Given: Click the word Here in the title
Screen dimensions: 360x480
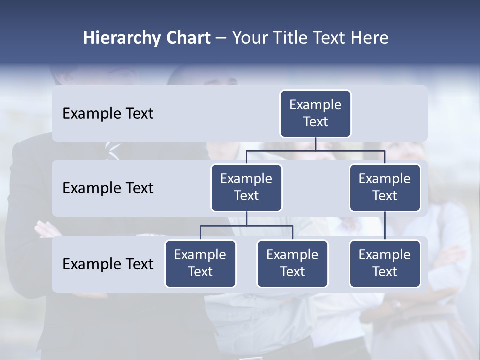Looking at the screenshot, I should point(370,38).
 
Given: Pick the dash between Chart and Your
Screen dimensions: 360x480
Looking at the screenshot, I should point(221,38).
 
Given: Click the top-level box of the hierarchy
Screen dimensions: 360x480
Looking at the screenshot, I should point(315,114).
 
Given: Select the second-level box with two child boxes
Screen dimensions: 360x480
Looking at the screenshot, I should point(246,188).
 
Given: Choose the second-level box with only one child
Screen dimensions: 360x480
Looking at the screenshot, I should point(385,188).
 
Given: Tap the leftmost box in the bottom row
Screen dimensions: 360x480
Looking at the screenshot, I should point(200,264).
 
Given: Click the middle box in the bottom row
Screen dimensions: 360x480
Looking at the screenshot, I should point(292,264).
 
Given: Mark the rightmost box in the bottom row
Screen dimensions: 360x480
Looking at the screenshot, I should point(385,264).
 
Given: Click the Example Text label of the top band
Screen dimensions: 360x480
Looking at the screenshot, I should point(108,114).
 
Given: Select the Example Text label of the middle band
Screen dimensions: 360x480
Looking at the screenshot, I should point(108,188).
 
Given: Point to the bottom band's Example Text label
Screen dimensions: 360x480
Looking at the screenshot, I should point(108,264).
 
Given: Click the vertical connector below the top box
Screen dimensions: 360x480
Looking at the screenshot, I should point(315,144).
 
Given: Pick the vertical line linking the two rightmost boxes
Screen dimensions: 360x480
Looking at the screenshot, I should point(385,226).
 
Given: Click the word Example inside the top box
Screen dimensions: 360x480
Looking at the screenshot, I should point(315,105).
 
